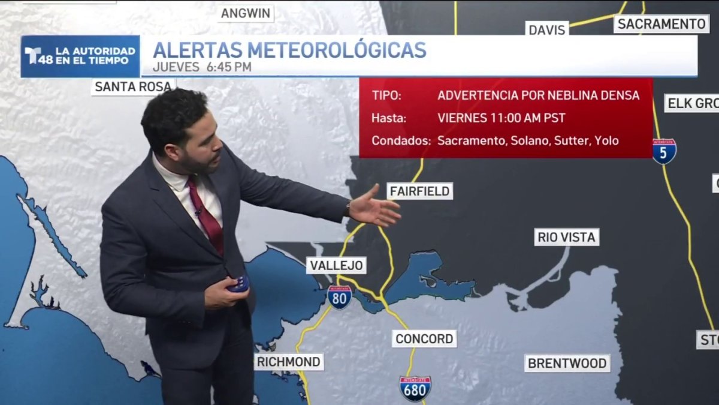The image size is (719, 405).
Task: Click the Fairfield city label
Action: point(419,191)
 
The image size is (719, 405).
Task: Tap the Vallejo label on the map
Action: point(336,265)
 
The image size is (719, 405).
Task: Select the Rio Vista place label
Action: point(566,237)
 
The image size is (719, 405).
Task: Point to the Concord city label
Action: point(424,338)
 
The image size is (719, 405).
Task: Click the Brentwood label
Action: point(567,363)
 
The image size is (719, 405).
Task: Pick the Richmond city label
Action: point(289,362)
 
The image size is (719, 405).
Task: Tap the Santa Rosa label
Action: point(133,86)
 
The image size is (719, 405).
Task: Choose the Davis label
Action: point(547,29)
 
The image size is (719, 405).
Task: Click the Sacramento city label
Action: point(661,24)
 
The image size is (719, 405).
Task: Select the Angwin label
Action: point(246,13)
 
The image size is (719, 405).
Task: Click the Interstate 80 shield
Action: point(340,297)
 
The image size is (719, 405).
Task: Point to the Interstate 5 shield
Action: point(664,151)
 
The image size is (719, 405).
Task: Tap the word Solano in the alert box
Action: point(527,140)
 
